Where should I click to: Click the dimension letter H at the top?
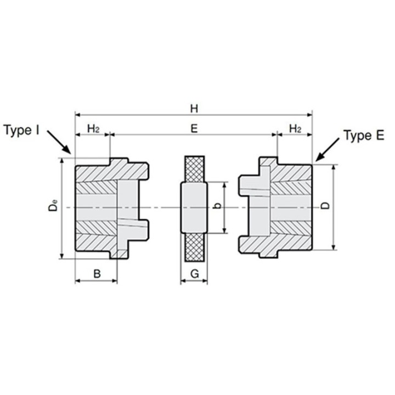point(194,109)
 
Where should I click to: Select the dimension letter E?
point(194,128)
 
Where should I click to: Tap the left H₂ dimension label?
point(93,129)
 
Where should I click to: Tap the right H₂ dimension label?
point(295,129)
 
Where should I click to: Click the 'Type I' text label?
point(21,130)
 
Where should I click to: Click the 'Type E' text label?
point(364,136)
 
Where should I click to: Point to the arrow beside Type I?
point(59,142)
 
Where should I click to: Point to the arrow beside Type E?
point(327,150)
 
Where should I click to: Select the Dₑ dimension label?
point(53,205)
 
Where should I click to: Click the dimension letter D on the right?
point(325,206)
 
